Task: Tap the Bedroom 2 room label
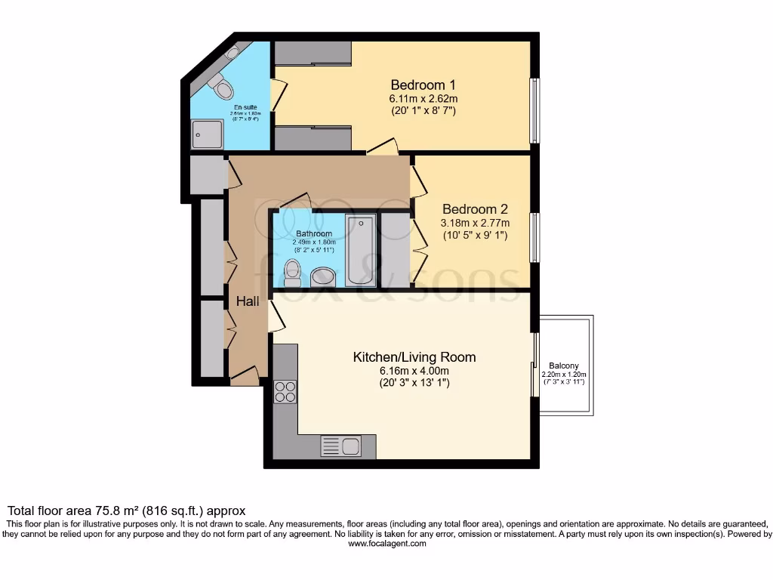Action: pos(475,209)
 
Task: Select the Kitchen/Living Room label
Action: pos(414,356)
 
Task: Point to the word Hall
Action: pos(248,301)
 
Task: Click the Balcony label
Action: pos(564,366)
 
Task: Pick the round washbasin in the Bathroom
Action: pos(323,276)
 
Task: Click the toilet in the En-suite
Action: pos(221,88)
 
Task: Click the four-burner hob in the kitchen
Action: pos(285,390)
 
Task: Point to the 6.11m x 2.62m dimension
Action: pos(423,98)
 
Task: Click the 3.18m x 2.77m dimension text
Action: pos(475,223)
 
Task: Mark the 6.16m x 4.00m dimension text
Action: pos(414,370)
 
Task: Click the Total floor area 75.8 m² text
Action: pos(126,511)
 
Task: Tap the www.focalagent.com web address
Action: pos(386,544)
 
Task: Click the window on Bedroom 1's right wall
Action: pos(534,110)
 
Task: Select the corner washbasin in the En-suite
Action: pos(233,52)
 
